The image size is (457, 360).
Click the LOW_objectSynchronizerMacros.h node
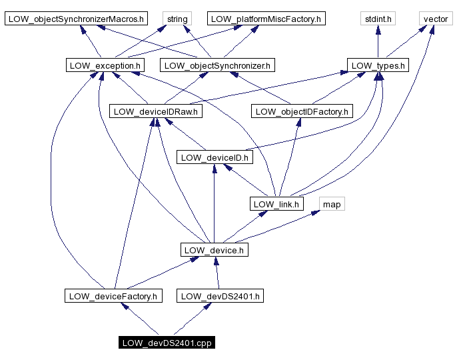(76, 19)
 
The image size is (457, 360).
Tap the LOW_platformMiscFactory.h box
(266, 19)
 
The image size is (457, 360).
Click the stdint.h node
(378, 19)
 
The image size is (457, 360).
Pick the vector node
(436, 19)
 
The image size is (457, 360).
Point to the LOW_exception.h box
(105, 65)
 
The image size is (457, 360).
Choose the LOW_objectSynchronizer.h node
(218, 65)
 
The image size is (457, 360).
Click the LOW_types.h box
(378, 65)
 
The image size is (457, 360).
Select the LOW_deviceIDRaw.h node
(156, 111)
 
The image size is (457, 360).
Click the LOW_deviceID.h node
(214, 157)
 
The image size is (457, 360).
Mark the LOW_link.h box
(276, 204)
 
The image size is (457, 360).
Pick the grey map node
(332, 204)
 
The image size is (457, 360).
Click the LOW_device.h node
(214, 250)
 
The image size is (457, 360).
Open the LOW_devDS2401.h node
(220, 296)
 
